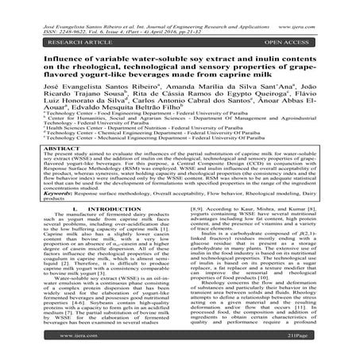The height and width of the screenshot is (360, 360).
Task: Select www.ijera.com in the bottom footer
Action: click(180, 346)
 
